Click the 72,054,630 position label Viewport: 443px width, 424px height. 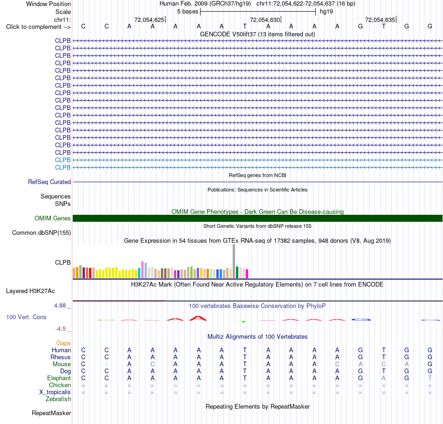[x=265, y=20]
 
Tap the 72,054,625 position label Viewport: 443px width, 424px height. [x=149, y=20]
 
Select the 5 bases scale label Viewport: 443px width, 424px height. [x=187, y=12]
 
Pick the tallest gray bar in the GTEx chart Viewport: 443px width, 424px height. [x=234, y=261]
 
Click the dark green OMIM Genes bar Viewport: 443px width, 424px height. [x=258, y=218]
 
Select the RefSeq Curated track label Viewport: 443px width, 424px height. [x=49, y=182]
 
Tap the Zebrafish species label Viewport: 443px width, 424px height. [x=58, y=399]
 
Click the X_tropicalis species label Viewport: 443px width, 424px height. [x=55, y=392]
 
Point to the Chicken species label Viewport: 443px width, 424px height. [x=60, y=385]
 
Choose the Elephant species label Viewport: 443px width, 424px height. [x=59, y=378]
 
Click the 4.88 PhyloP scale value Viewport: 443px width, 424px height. [x=60, y=306]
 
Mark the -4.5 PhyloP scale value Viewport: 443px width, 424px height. [x=61, y=329]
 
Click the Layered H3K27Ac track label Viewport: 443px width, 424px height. [x=30, y=291]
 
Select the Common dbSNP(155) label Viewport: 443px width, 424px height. [x=42, y=233]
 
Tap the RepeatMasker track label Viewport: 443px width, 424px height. [x=51, y=413]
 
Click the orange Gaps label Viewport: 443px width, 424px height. [x=63, y=343]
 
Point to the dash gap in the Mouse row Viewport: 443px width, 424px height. [x=106, y=364]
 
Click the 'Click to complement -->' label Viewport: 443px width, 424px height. [x=38, y=27]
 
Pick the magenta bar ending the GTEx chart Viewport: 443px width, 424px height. [x=247, y=274]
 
